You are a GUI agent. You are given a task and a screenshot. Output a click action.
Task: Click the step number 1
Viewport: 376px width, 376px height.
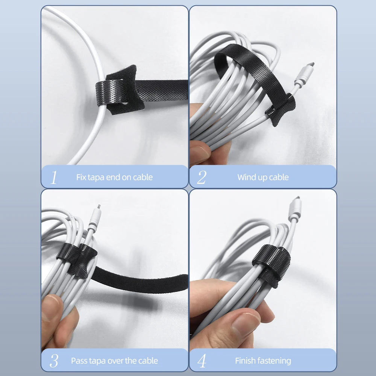tap(53, 177)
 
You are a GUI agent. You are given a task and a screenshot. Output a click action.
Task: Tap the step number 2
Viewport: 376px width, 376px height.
tap(202, 177)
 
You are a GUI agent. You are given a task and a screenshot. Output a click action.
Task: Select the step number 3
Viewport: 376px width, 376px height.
tap(54, 361)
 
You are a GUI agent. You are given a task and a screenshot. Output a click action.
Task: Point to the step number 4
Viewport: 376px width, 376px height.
tap(202, 361)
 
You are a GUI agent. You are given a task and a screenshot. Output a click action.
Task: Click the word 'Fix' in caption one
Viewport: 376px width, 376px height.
tap(81, 177)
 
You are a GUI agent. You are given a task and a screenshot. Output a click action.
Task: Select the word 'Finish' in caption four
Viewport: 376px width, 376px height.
tap(246, 361)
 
